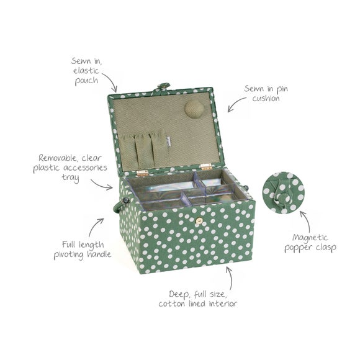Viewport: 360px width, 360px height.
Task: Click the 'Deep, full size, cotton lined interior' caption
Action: click(x=197, y=298)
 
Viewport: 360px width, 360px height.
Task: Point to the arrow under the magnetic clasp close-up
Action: click(x=305, y=218)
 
